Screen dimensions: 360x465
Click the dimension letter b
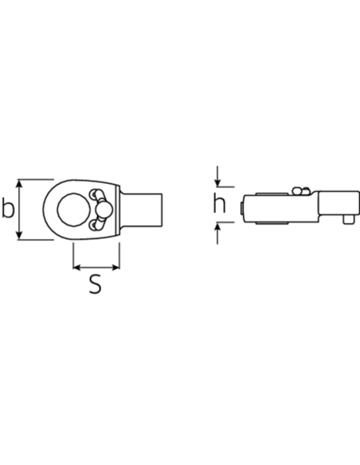coord(8,208)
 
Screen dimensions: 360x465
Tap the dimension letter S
coord(96,284)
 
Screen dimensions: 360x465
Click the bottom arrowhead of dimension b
coord(19,236)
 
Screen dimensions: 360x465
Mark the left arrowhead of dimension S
coord(76,268)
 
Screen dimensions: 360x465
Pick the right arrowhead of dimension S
coord(115,268)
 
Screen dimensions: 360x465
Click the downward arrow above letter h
coord(217,177)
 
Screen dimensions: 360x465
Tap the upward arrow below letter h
coord(217,233)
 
